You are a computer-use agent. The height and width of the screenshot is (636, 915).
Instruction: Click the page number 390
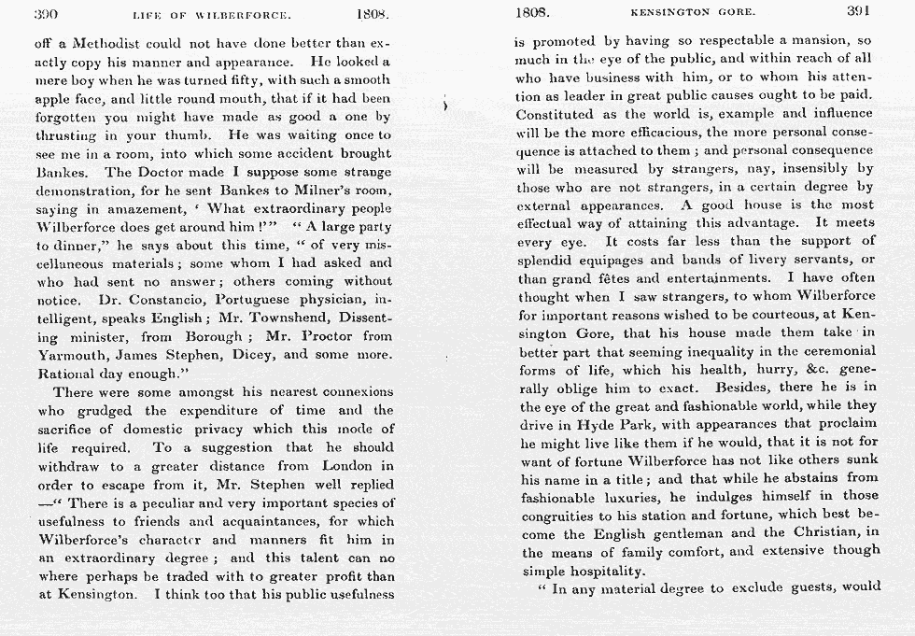pyautogui.click(x=48, y=14)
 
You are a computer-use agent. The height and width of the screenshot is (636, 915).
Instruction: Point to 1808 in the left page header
pyautogui.click(x=373, y=14)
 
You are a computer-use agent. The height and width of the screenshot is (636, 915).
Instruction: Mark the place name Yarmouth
pyautogui.click(x=73, y=355)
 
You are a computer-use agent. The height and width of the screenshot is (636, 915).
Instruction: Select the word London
pyautogui.click(x=346, y=465)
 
